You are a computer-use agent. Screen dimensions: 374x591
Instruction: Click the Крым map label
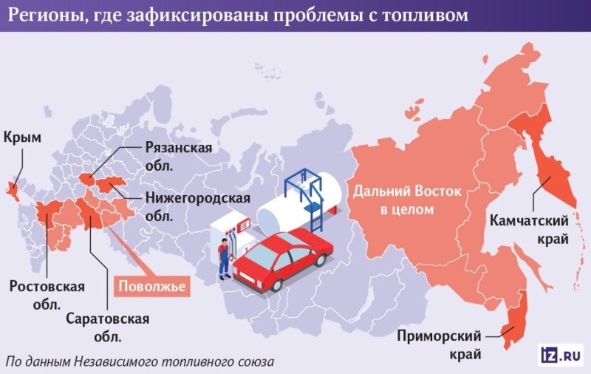pyautogui.click(x=22, y=137)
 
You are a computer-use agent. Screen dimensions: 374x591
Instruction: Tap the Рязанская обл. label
pyautogui.click(x=178, y=156)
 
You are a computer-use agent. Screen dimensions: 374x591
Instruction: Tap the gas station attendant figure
pyautogui.click(x=223, y=259)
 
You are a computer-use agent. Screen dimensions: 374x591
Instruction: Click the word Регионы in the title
pyautogui.click(x=41, y=15)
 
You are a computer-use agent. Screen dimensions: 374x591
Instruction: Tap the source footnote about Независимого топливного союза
pyautogui.click(x=140, y=362)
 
